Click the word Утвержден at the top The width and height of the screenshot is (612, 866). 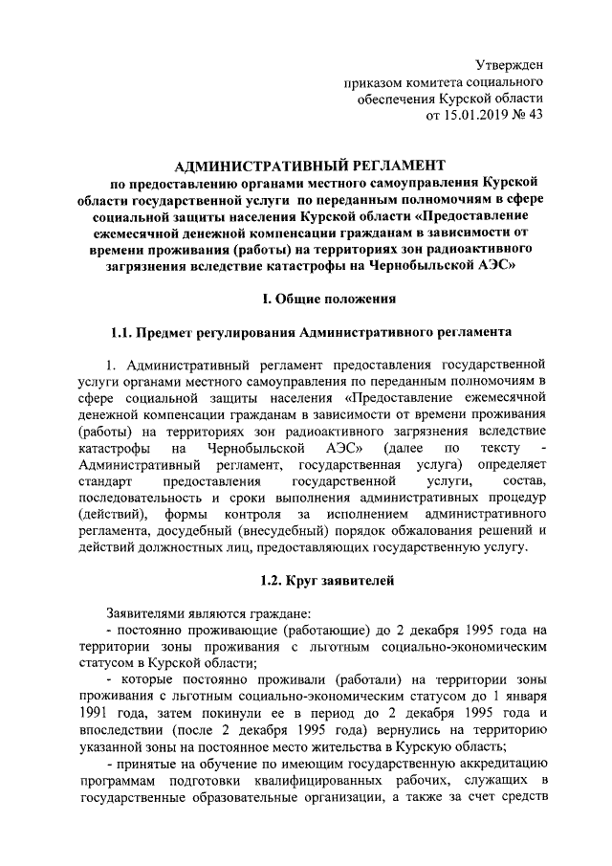tap(510, 65)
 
